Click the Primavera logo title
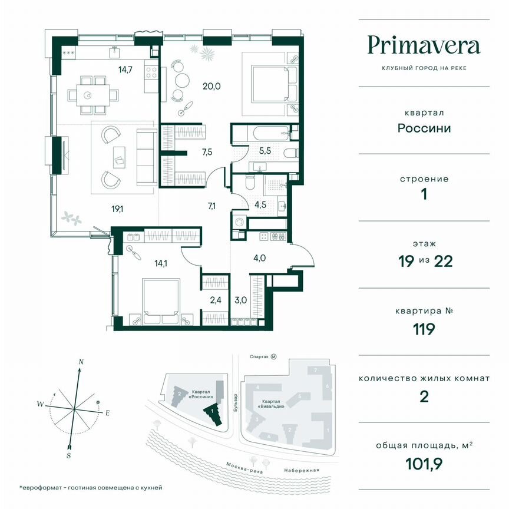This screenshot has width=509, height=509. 424,45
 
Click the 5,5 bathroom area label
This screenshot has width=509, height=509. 265,150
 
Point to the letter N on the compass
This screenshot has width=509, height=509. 82,362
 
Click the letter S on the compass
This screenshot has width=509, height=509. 69,455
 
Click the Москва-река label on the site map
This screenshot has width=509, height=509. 245,467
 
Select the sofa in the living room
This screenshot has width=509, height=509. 145,157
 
